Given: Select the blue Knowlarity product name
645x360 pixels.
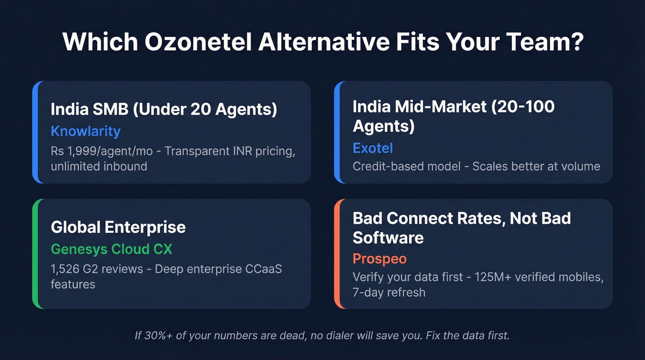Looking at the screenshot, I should coord(85,131).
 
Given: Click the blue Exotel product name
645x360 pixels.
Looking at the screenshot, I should coord(373,148).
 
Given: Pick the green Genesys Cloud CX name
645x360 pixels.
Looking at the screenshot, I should coord(111,249).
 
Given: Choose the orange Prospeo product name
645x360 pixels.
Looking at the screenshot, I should coord(380,259).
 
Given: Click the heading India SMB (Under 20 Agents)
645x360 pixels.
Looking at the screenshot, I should coord(164,110).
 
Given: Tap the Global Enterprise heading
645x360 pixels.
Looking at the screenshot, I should coord(118,227).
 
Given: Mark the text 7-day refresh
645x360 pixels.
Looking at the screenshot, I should coord(389,292).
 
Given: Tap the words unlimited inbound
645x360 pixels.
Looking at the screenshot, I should coord(99,166).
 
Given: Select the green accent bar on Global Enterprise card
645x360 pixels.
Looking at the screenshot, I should coord(35,254).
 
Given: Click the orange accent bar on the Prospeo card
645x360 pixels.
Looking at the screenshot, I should coord(337,254).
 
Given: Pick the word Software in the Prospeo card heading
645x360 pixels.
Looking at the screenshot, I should coord(388,238).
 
